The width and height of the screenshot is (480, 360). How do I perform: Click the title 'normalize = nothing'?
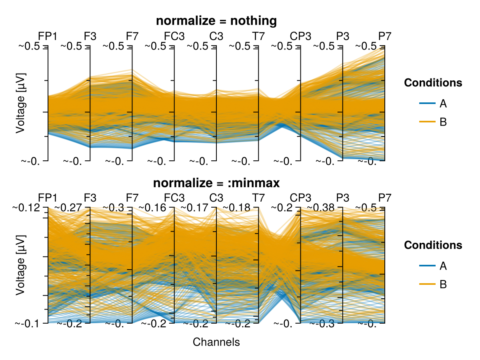pyautogui.click(x=216, y=21)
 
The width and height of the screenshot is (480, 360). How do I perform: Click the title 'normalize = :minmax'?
pyautogui.click(x=216, y=183)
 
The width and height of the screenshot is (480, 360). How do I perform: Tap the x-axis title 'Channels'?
pyautogui.click(x=216, y=342)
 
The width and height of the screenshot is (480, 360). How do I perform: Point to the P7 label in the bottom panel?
pyautogui.click(x=385, y=198)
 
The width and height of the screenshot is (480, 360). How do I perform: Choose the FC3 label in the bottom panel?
pyautogui.click(x=174, y=198)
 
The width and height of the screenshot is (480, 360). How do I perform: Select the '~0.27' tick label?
pyautogui.click(x=68, y=208)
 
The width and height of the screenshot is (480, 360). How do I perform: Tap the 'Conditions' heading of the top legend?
pyautogui.click(x=433, y=83)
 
